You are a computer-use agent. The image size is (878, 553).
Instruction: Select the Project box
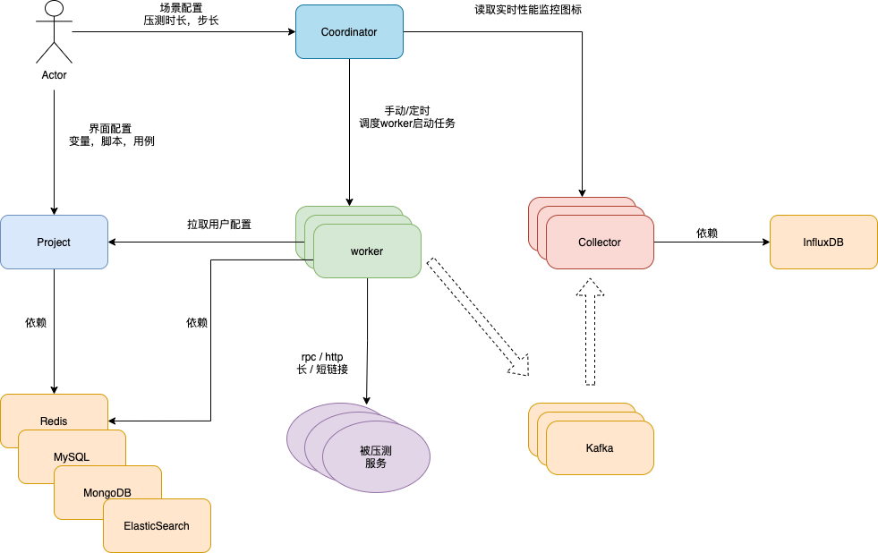click(x=54, y=242)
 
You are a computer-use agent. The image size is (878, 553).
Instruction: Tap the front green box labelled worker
click(x=367, y=251)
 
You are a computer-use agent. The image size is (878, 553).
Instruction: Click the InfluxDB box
click(x=823, y=242)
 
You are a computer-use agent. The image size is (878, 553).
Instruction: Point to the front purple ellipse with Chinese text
click(x=376, y=456)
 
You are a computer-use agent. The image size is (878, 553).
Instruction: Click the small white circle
click(x=54, y=9)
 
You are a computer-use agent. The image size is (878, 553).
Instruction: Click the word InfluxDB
click(x=823, y=242)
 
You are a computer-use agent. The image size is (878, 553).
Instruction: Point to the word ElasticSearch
click(x=158, y=526)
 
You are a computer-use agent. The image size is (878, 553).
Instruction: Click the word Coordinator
click(x=349, y=32)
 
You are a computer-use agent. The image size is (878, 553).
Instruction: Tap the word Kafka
click(x=600, y=448)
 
